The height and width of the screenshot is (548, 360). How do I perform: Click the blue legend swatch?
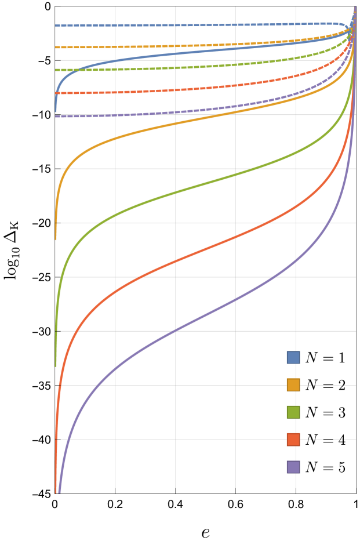click(x=293, y=357)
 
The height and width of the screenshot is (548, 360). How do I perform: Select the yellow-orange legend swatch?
click(x=293, y=384)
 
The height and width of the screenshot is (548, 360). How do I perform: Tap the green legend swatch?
click(x=293, y=412)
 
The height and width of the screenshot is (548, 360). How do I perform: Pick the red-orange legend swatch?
click(x=293, y=439)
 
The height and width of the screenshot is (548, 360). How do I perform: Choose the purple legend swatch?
click(x=293, y=467)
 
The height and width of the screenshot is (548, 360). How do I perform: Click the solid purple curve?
click(x=176, y=331)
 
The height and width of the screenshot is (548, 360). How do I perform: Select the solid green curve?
click(x=176, y=193)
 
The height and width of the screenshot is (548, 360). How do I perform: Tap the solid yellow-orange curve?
click(x=176, y=124)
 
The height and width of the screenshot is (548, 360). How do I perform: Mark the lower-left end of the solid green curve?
click(x=56, y=366)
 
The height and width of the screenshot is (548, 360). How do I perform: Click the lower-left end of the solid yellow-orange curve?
click(x=56, y=239)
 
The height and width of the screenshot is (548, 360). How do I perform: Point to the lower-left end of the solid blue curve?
click(x=56, y=111)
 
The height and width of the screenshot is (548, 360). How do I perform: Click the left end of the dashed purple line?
click(x=56, y=116)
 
